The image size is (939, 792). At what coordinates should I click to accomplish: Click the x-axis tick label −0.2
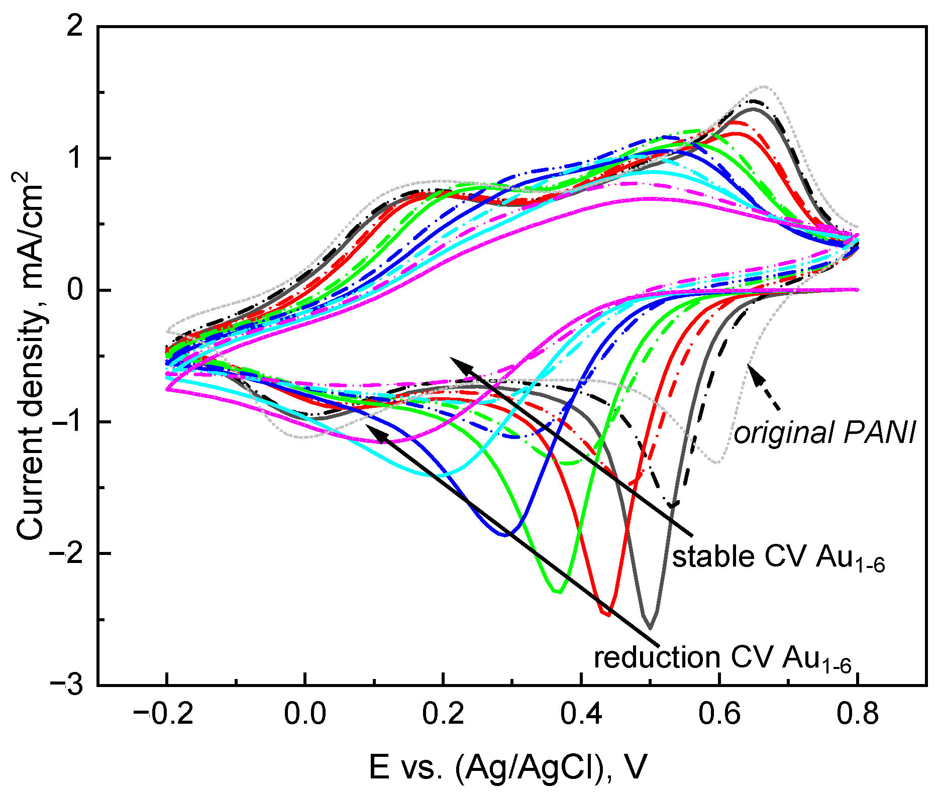click(166, 714)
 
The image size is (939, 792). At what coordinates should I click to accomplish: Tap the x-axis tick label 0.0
click(304, 714)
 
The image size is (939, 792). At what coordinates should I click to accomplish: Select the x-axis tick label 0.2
click(443, 714)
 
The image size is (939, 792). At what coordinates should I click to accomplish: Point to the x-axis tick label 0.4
click(581, 714)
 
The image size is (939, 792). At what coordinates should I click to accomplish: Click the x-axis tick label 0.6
click(719, 714)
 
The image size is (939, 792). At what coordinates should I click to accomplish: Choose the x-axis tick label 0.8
click(858, 714)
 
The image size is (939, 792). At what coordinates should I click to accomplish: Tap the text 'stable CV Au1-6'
click(778, 557)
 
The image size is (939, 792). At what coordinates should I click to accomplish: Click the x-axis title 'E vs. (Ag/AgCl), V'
click(507, 767)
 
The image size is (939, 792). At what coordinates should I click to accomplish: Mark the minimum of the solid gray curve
click(650, 628)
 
